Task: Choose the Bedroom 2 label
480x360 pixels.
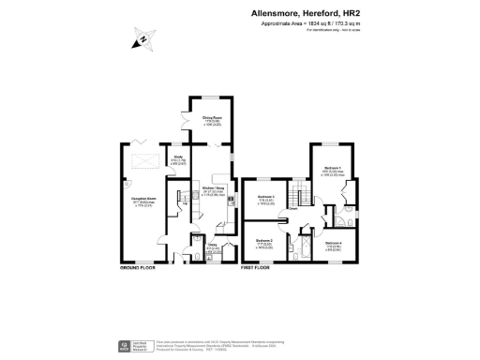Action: (x=263, y=242)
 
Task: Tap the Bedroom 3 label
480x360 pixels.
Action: (x=267, y=198)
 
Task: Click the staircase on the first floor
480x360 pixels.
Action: (x=301, y=198)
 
